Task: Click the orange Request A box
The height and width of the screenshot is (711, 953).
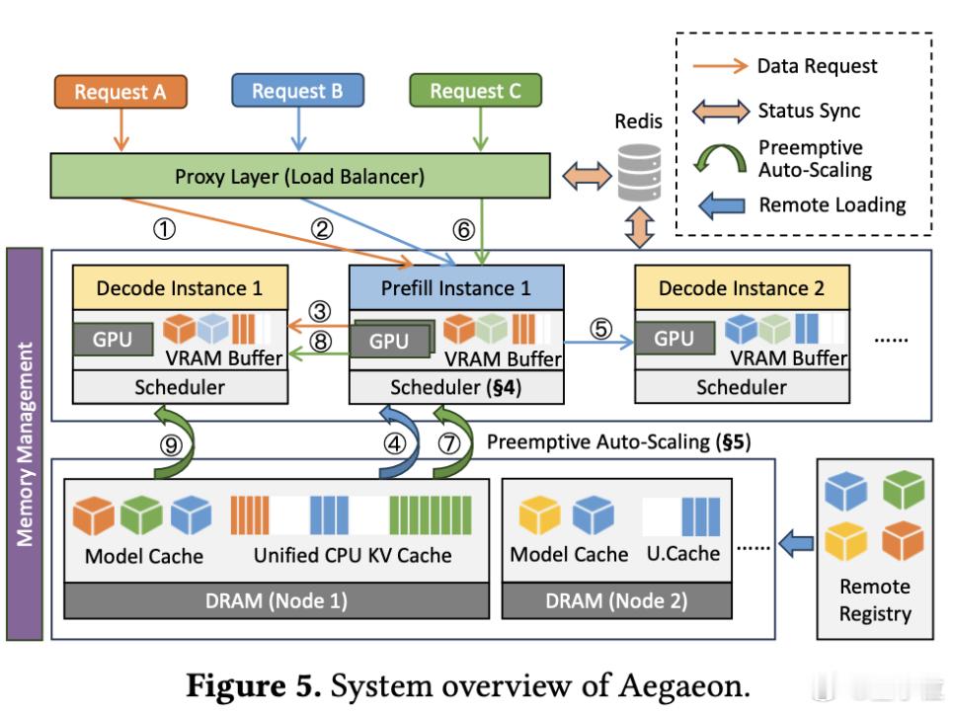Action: pos(119,92)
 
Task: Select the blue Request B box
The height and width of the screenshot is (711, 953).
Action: pos(296,92)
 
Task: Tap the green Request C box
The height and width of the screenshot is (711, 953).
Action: pos(475,92)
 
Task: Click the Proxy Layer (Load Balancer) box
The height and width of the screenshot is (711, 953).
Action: pos(299,177)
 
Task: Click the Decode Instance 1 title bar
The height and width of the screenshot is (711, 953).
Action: pos(180,288)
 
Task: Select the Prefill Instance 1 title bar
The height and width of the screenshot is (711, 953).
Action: pos(456,288)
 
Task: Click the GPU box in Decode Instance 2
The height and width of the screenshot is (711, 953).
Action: pos(674,339)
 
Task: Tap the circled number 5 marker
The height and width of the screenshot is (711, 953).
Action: pos(601,327)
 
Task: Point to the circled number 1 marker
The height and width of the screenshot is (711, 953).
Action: pos(165,229)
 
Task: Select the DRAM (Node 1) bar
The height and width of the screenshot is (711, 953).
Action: pos(276,600)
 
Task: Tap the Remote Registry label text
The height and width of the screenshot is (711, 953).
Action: pos(874,599)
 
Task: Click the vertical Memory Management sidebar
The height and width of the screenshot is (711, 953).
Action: pos(25,444)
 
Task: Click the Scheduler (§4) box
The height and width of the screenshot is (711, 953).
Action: pos(456,387)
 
